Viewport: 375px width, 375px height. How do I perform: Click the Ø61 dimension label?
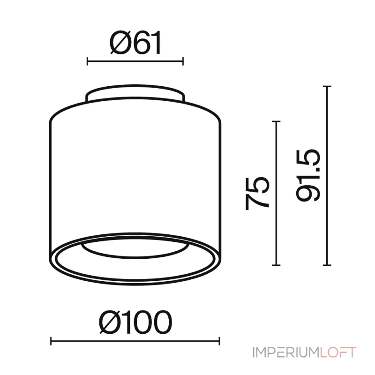135,43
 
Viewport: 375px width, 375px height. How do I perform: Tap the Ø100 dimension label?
135,322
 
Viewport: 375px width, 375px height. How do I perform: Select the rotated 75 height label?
257,194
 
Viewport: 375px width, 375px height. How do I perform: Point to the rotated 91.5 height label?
308,175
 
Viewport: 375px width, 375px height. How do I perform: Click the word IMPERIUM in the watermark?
286,352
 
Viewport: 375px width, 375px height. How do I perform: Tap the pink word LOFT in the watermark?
338,352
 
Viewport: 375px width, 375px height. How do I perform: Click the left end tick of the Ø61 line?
87,61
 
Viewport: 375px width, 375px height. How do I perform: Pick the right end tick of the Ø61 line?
183,61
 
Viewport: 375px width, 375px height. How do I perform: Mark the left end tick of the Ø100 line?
51,341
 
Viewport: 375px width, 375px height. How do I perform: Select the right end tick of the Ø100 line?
219,341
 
